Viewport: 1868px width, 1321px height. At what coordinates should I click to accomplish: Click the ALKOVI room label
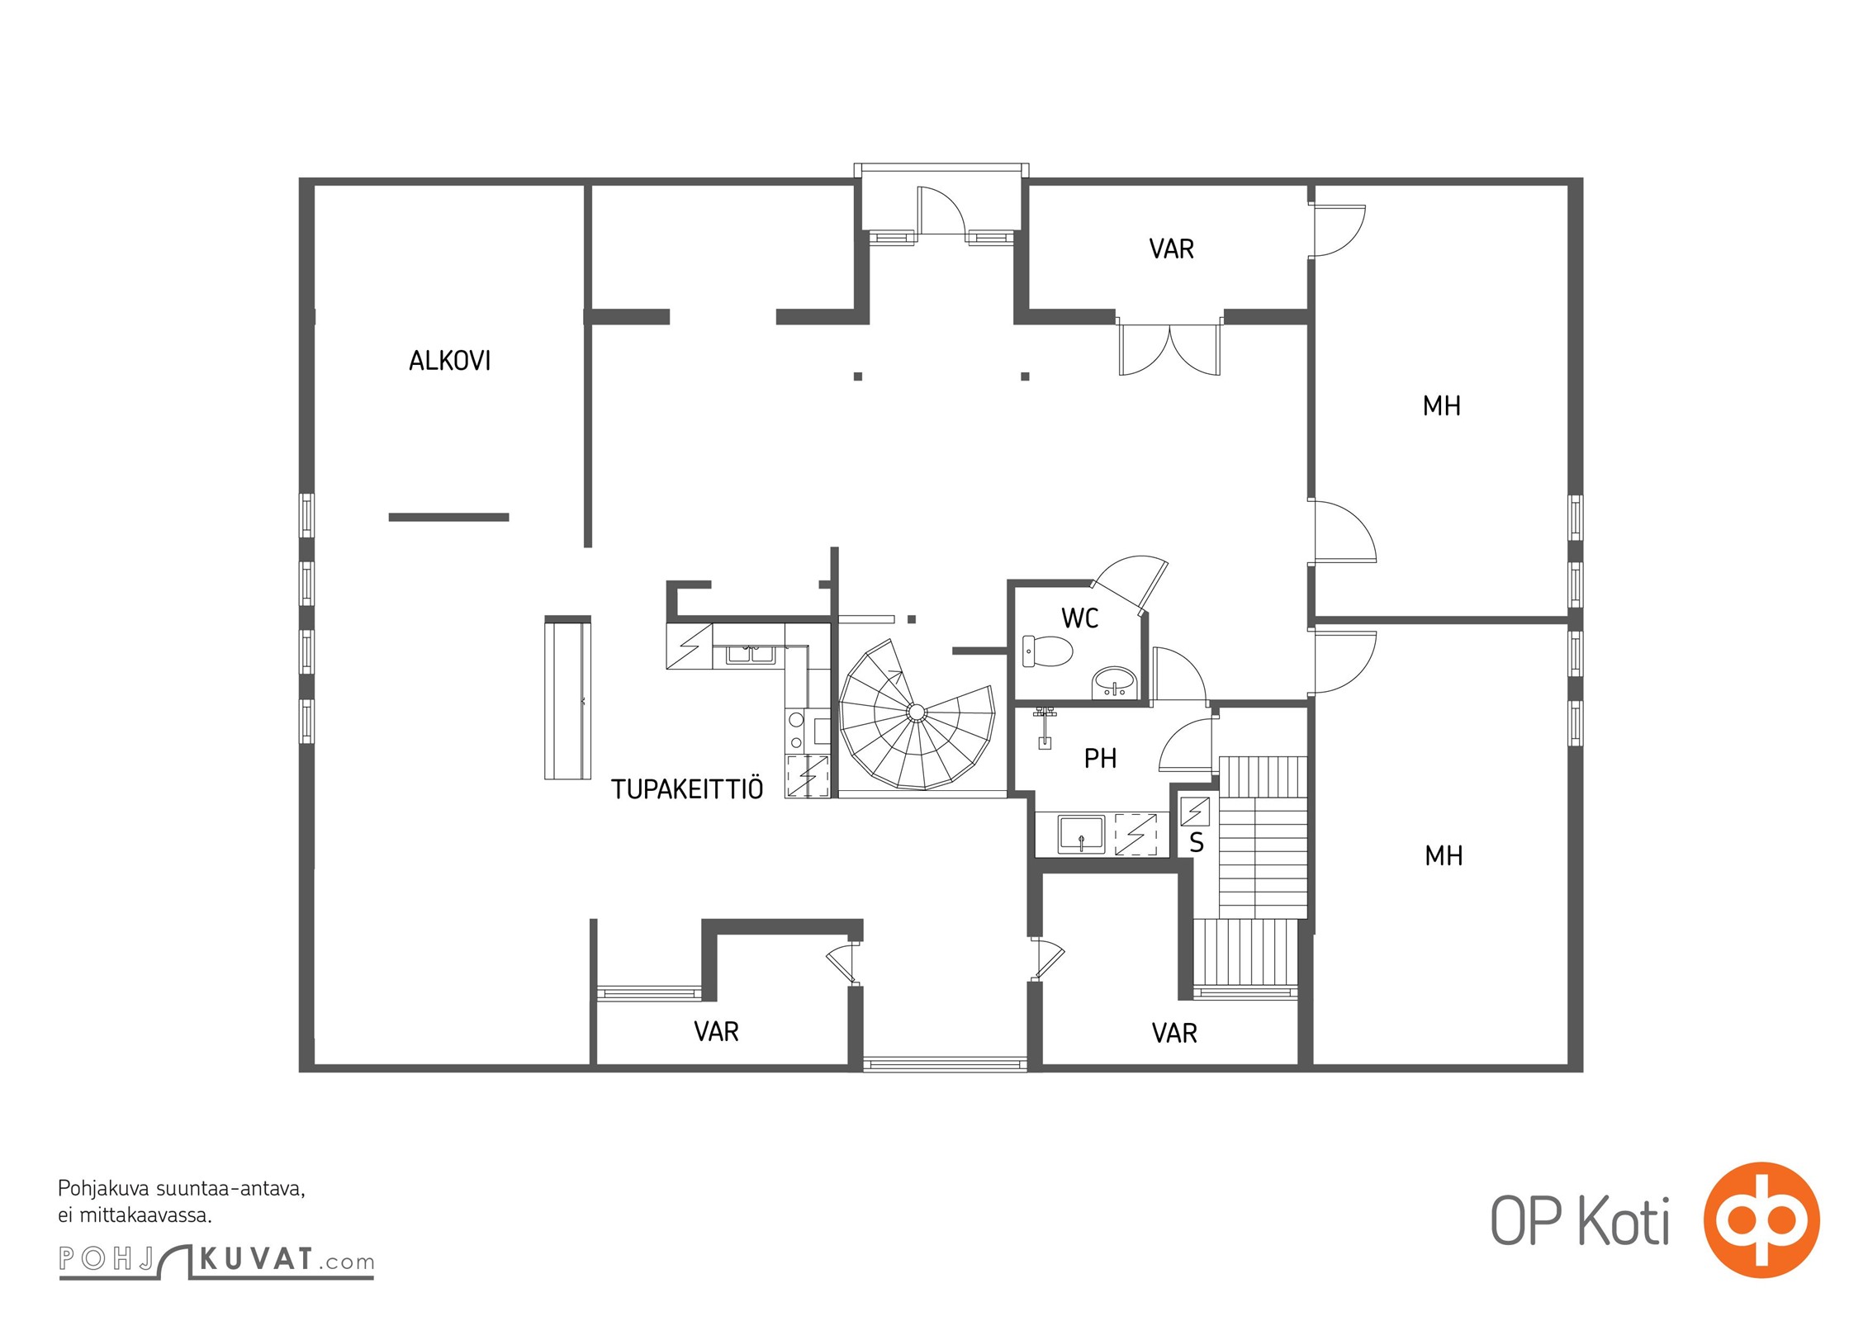point(449,361)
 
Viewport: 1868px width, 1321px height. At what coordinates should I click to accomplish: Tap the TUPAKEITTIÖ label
point(687,788)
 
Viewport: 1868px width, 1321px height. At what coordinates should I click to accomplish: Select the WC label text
point(1079,618)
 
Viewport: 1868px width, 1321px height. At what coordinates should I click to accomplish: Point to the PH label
point(1100,758)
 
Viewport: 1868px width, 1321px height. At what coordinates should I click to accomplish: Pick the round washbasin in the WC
point(1115,683)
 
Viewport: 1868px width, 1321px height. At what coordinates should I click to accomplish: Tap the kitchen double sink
point(750,654)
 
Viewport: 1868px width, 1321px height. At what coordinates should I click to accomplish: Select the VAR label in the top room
point(1171,249)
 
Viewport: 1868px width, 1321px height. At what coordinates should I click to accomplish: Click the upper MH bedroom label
point(1441,405)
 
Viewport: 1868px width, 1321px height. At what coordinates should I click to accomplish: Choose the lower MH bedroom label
point(1444,855)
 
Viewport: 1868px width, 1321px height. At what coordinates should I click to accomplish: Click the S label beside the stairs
point(1197,843)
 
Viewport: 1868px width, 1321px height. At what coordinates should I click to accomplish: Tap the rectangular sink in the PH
point(1081,834)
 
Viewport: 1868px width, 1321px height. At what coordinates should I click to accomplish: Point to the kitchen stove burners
point(796,731)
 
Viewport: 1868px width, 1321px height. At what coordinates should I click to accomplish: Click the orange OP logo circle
point(1761,1220)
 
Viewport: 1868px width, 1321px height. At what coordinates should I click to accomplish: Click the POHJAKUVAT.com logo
point(216,1260)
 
